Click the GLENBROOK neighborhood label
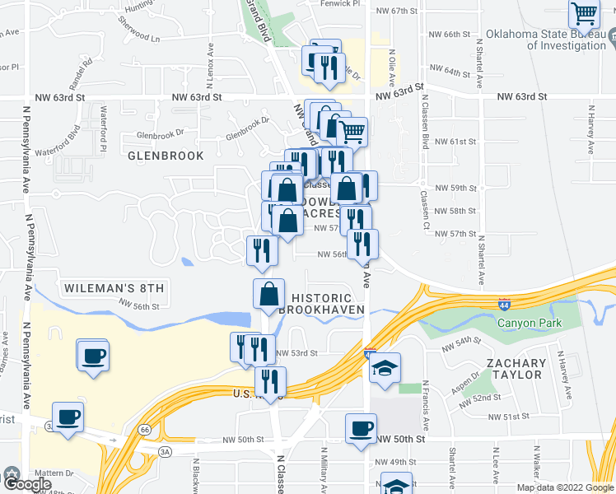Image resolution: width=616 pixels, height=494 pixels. pos(154,154)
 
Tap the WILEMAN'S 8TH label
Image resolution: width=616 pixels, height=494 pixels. pos(113,287)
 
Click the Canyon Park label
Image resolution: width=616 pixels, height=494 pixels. pos(529,323)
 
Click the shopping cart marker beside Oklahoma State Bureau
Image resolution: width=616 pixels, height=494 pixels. pos(584,14)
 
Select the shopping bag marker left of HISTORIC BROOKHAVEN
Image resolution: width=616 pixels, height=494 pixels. pos(269,293)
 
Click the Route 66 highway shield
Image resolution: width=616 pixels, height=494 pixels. pos(145,430)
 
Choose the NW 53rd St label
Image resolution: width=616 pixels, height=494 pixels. pos(297,353)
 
